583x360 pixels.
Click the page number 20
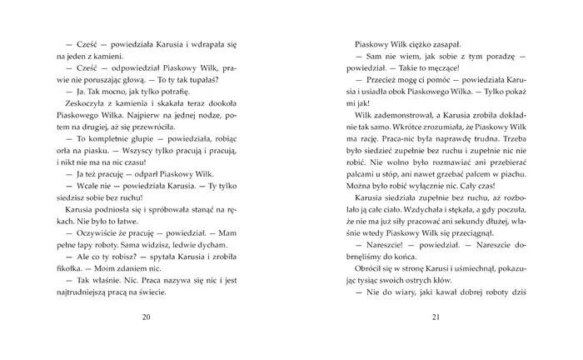[x=147, y=317]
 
